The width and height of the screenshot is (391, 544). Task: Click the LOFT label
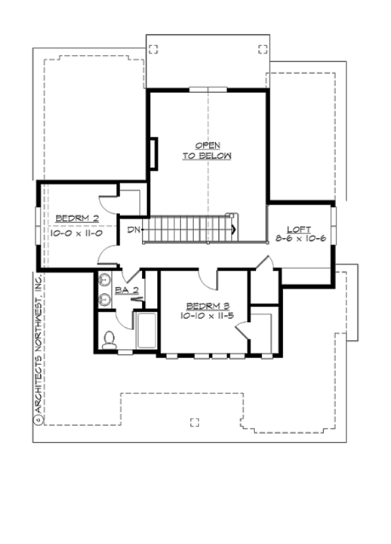tap(300, 227)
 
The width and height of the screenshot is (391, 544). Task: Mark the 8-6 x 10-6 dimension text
tap(300, 239)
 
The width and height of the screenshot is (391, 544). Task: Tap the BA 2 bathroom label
tap(125, 289)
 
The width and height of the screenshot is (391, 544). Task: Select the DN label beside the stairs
tap(133, 229)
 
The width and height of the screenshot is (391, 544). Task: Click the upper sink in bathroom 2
tap(105, 282)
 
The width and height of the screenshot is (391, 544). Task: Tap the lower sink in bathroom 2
tap(105, 300)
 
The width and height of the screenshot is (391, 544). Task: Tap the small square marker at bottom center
tap(195, 422)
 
